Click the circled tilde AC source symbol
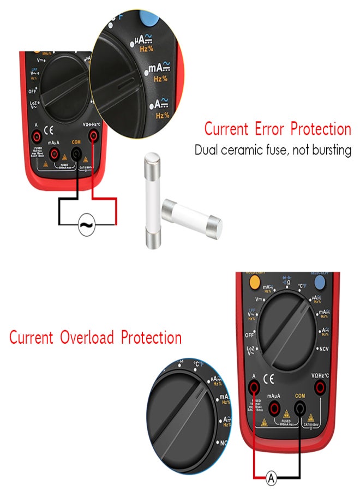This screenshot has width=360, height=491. (x=87, y=224)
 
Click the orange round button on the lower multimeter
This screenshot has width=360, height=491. (x=253, y=282)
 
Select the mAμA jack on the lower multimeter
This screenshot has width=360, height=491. (x=274, y=406)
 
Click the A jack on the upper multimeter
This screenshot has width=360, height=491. (x=35, y=135)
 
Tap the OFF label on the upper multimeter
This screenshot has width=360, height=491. (x=32, y=92)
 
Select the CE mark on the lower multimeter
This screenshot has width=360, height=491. (x=268, y=378)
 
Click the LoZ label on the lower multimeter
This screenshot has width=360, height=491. (x=251, y=349)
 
